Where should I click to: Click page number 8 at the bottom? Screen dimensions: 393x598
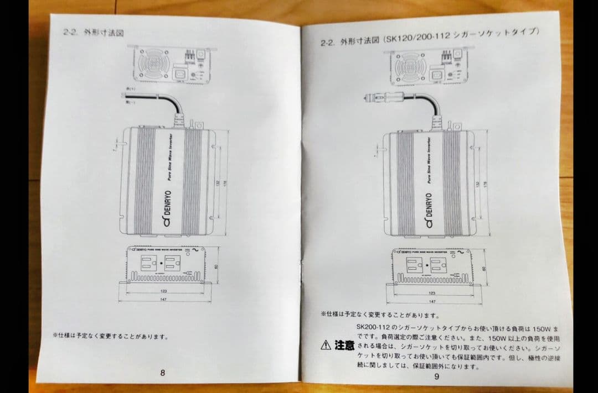click(x=162, y=373)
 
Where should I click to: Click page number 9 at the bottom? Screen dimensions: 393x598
click(x=436, y=377)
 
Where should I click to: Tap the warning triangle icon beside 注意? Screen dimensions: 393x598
click(x=326, y=345)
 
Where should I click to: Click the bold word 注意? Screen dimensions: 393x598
click(x=344, y=345)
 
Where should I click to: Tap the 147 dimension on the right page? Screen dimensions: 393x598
click(x=432, y=302)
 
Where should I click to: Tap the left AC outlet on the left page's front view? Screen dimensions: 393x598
click(x=149, y=263)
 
